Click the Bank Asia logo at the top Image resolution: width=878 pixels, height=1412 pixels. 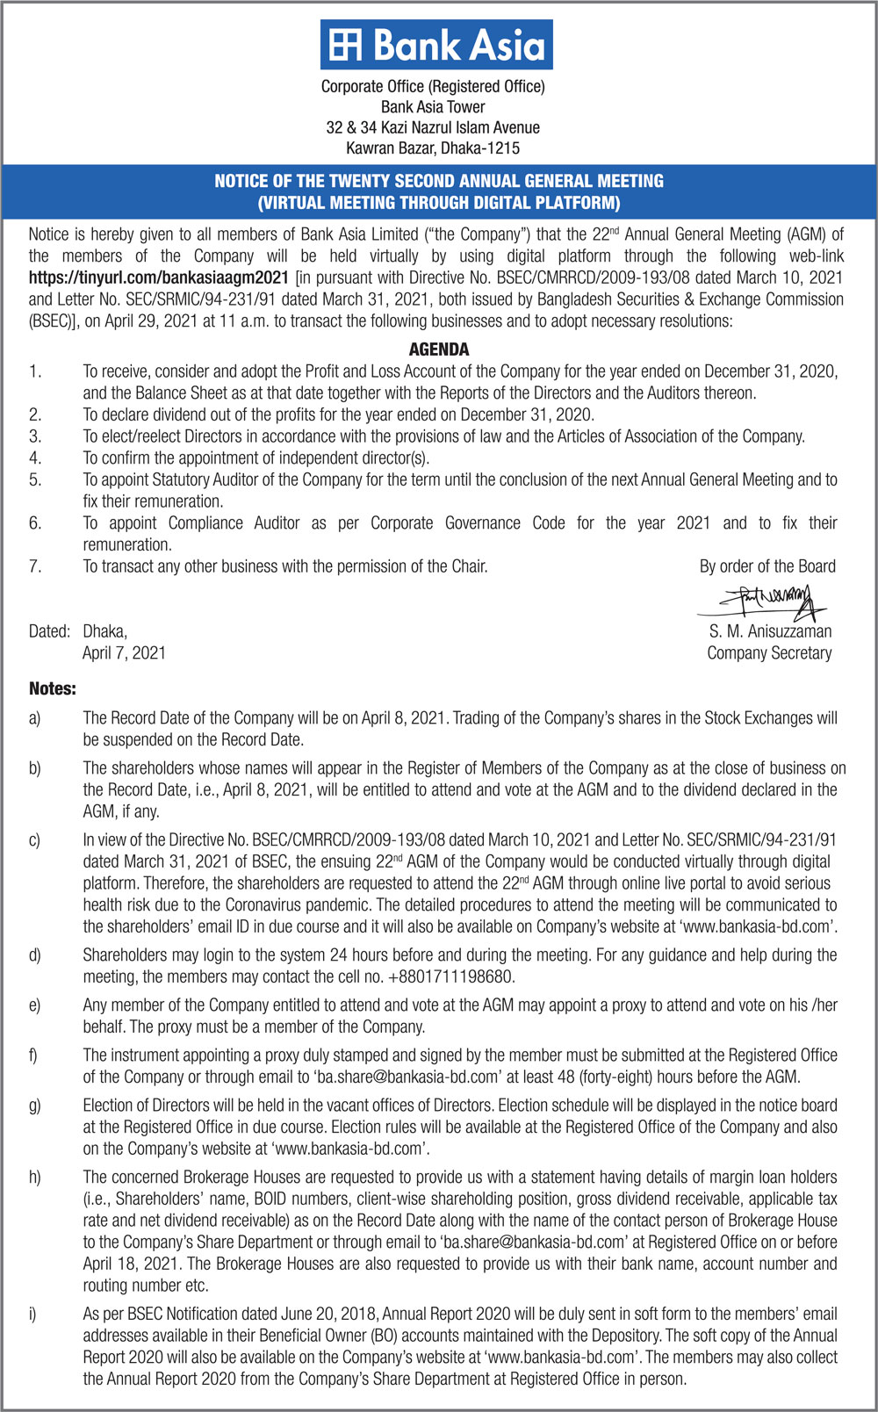pos(436,45)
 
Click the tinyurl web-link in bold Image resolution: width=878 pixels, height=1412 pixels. pos(159,277)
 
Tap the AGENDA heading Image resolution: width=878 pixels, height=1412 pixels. pos(439,349)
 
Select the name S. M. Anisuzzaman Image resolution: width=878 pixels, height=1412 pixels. pos(770,631)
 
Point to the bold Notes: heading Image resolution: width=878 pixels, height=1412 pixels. pos(53,688)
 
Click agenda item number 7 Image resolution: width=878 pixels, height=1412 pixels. pos(35,566)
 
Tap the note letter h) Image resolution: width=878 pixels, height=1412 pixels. pos(35,1178)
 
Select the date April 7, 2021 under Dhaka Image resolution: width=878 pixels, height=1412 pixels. pos(124,653)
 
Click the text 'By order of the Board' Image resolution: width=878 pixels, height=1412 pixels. pos(767,566)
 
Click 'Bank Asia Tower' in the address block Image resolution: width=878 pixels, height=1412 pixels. pos(433,107)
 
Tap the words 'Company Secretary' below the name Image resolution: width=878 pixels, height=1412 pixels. pos(769,653)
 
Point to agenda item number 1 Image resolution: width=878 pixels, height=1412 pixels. pos(35,371)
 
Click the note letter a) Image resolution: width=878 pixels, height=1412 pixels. pos(34,718)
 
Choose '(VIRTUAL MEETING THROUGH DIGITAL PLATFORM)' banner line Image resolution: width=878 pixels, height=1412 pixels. pos(439,203)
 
